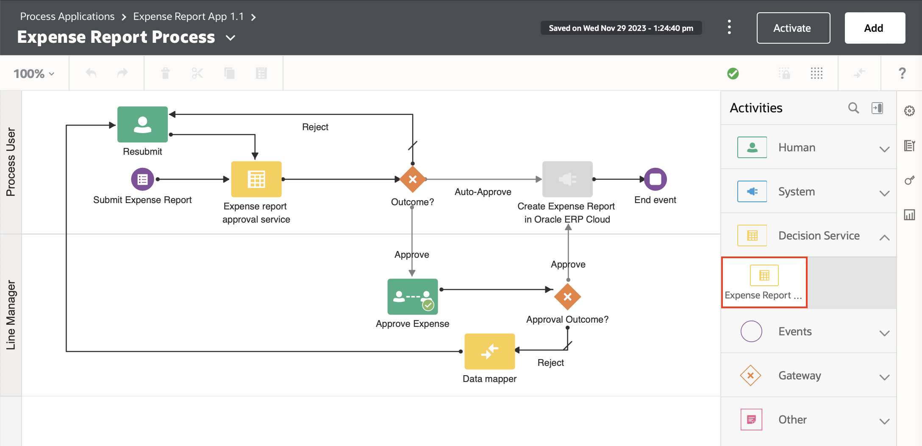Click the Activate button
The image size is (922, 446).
(x=793, y=28)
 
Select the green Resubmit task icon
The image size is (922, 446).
(x=142, y=124)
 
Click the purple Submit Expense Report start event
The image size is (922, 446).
(x=142, y=179)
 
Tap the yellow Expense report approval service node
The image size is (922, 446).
(x=256, y=179)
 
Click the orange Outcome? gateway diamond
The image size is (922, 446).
(x=412, y=179)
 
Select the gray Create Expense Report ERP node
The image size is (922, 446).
(x=567, y=179)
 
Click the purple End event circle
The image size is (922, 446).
(x=655, y=179)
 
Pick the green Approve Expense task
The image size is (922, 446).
(x=412, y=296)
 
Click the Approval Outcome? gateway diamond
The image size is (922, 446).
(x=567, y=297)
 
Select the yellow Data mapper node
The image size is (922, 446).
(x=489, y=351)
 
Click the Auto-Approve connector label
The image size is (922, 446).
(x=483, y=192)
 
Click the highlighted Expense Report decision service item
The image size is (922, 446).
(x=764, y=282)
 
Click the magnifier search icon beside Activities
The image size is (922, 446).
(x=853, y=108)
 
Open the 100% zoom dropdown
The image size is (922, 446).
(x=34, y=74)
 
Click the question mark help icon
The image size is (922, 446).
(x=902, y=73)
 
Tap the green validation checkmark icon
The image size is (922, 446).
(x=733, y=73)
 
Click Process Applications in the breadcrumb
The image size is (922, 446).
(x=67, y=17)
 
